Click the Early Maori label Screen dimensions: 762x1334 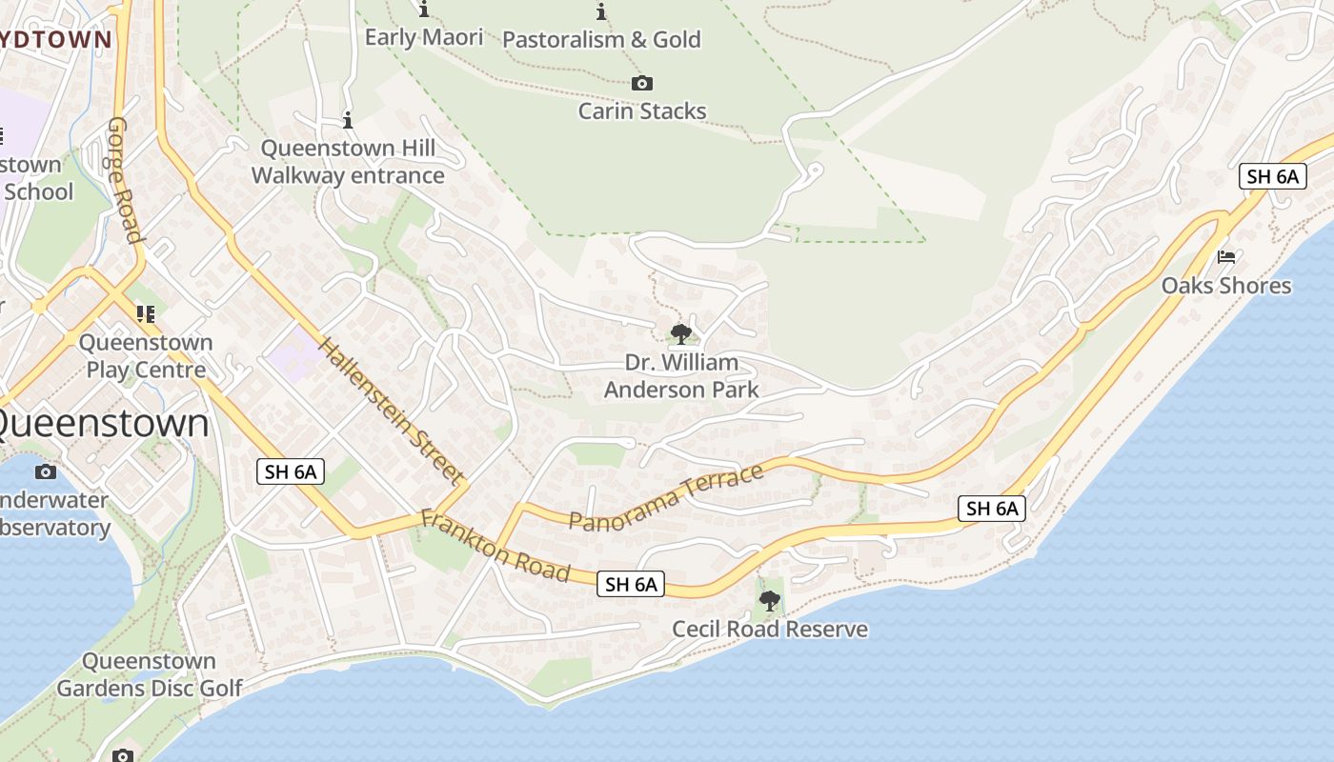424,37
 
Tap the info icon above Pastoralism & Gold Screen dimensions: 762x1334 601,11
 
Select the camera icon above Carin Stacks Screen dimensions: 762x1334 642,84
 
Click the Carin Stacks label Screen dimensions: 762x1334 642,110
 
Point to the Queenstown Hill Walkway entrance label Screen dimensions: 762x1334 348,162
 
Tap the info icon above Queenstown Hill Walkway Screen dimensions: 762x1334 348,121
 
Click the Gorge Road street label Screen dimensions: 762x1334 125,180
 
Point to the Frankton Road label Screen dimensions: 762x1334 495,546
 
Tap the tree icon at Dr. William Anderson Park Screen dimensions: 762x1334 680,333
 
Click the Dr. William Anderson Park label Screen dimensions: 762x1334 681,376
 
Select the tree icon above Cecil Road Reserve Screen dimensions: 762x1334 769,601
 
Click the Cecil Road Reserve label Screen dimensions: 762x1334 770,629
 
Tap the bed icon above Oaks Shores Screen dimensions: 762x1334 1226,257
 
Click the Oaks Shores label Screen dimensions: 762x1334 1226,285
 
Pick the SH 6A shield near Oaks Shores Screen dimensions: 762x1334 1273,176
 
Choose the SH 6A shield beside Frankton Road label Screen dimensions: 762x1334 631,584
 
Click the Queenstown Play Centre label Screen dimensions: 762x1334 146,356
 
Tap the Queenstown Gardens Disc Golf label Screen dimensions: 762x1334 149,674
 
